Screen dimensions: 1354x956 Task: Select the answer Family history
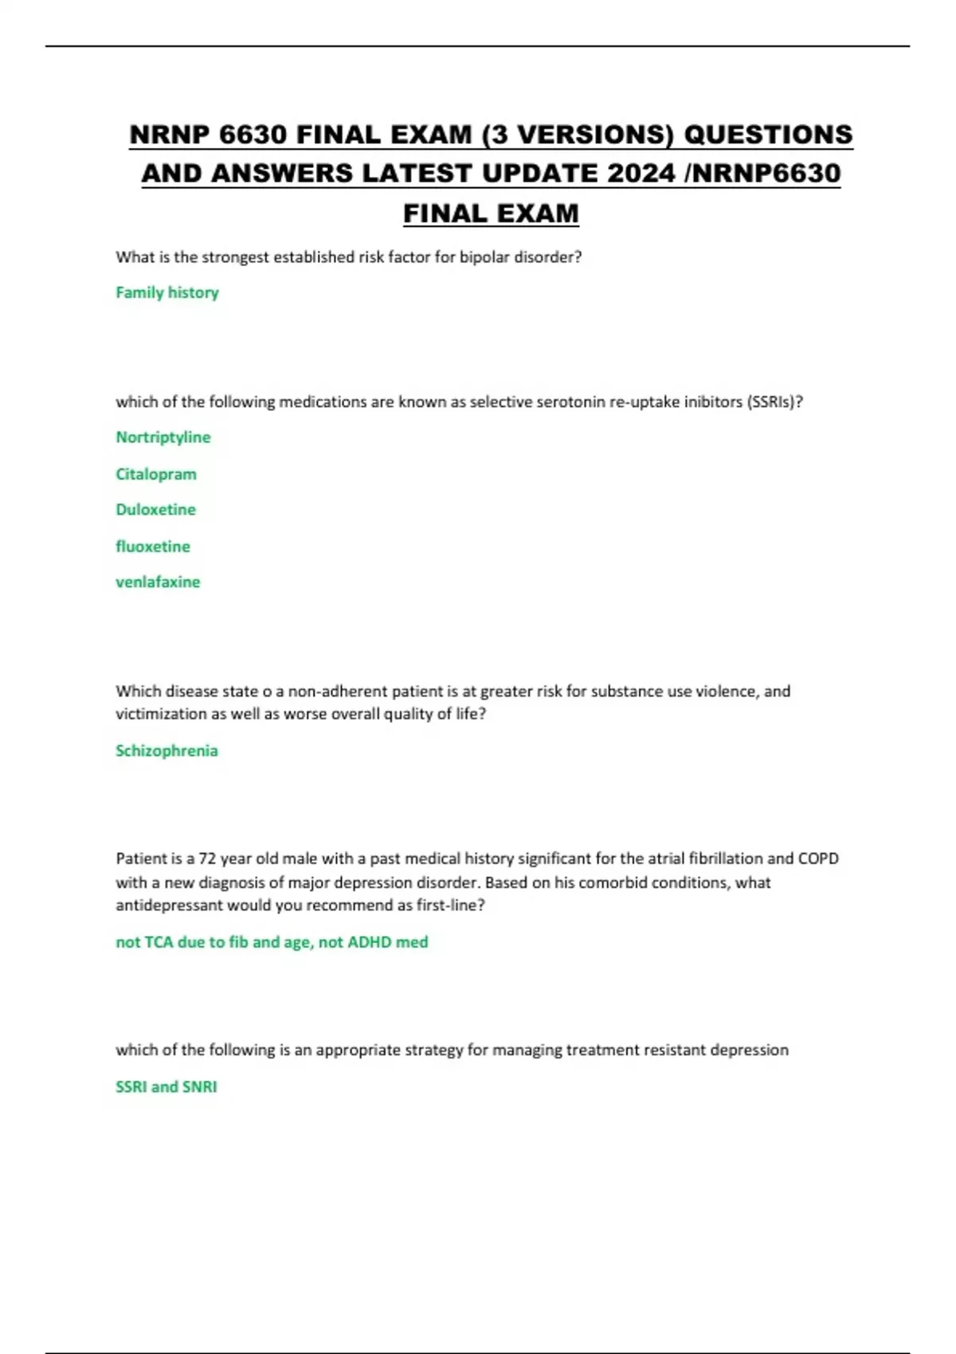pos(167,292)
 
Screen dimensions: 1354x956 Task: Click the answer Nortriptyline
pos(163,437)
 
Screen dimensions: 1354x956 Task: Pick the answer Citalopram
pos(156,474)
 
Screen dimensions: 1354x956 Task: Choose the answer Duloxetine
pos(156,510)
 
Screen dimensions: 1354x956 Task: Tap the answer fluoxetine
pos(153,546)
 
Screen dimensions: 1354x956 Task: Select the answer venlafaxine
pos(158,582)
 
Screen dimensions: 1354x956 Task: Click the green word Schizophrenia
pos(167,750)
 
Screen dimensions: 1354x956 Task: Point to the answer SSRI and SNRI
pos(167,1086)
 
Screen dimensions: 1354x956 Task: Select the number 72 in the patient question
pos(207,859)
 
